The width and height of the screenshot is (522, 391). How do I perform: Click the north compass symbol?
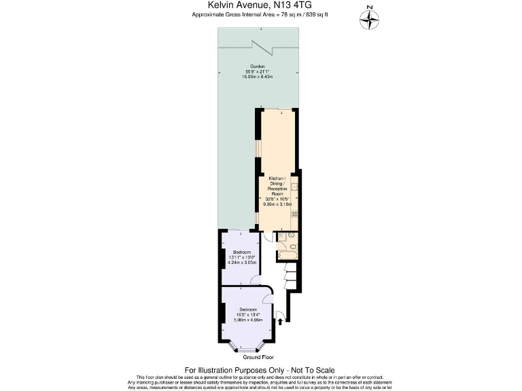coord(368,20)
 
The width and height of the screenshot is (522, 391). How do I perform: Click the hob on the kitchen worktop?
coord(294,214)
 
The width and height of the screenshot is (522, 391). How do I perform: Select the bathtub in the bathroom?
coord(286,255)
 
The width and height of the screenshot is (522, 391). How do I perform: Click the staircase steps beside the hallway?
coord(290,276)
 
